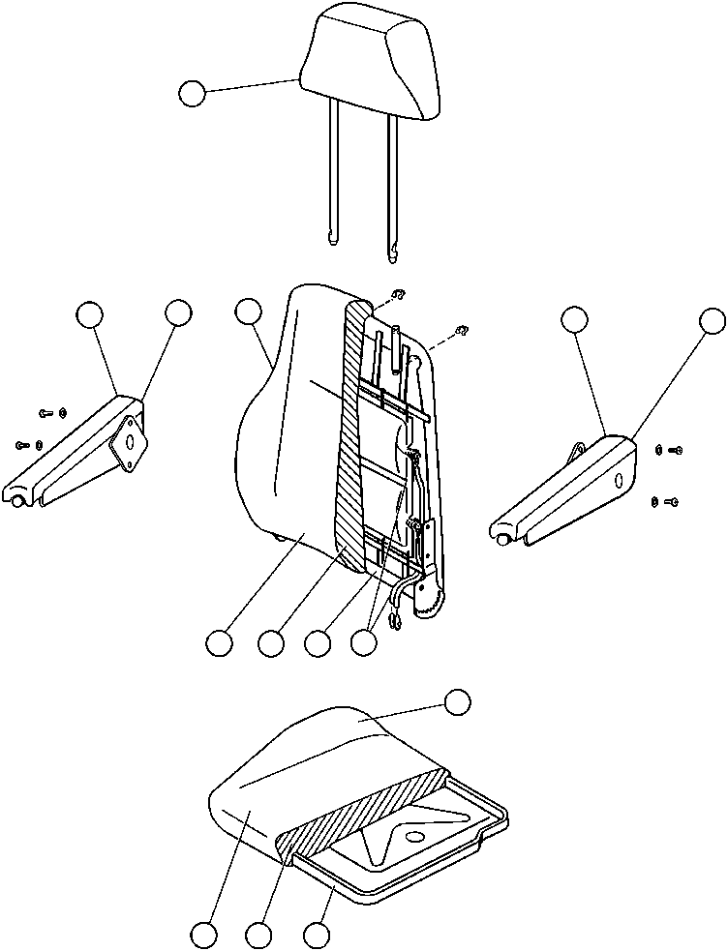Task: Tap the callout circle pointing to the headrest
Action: (193, 94)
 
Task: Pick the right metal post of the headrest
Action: (392, 184)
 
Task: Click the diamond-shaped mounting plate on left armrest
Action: (127, 444)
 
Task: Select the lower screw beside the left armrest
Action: (26, 444)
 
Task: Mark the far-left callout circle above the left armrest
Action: (89, 313)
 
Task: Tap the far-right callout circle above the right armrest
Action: (713, 320)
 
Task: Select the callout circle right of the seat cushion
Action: (457, 702)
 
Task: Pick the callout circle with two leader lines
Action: (364, 642)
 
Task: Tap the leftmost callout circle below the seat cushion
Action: (203, 935)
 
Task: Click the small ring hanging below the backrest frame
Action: (396, 623)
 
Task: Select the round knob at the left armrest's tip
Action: (20, 500)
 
